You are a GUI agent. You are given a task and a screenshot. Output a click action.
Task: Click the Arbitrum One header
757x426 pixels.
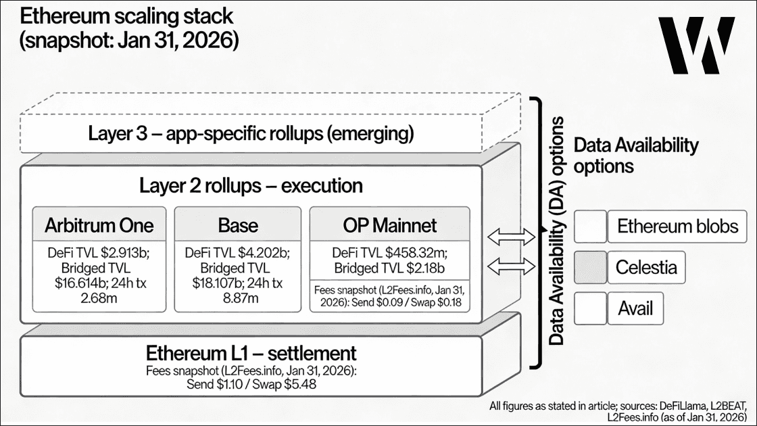click(x=99, y=225)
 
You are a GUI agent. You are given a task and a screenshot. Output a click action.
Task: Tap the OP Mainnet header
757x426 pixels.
click(x=390, y=225)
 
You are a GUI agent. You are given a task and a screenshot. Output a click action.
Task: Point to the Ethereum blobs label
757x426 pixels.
click(x=677, y=226)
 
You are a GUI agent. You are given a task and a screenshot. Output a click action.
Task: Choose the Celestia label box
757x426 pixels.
click(x=645, y=267)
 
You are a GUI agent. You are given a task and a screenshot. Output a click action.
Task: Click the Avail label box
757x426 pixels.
click(x=635, y=308)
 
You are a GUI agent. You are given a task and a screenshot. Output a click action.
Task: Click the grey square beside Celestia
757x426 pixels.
click(x=590, y=267)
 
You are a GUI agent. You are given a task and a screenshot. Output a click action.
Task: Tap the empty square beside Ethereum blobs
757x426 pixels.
click(x=590, y=226)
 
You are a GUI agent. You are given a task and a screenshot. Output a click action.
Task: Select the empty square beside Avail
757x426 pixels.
click(x=590, y=308)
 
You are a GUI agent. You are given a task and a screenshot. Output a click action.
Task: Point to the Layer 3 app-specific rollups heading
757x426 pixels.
click(x=251, y=133)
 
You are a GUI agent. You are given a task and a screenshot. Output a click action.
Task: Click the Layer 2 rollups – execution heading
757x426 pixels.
click(x=251, y=185)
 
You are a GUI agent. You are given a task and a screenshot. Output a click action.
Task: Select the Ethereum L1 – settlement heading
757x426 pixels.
click(x=251, y=353)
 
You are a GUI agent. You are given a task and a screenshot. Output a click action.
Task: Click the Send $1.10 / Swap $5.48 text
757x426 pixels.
click(x=251, y=384)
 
